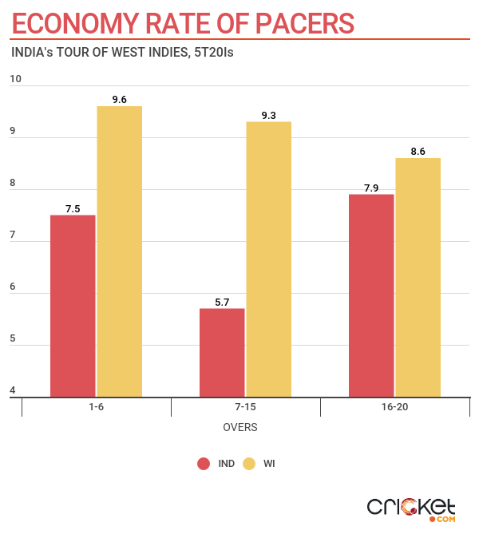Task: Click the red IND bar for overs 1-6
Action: [73, 306]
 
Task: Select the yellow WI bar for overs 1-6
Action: [120, 251]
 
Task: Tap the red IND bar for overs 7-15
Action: [222, 352]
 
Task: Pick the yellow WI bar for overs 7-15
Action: [268, 259]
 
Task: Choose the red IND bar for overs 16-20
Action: [371, 295]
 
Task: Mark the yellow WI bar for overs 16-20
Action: [418, 277]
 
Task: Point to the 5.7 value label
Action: [222, 302]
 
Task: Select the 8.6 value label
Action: [418, 151]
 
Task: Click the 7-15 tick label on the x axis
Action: [245, 407]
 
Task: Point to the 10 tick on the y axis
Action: [16, 79]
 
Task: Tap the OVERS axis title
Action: [239, 428]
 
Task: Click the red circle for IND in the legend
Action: [204, 464]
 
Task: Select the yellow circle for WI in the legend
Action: [248, 464]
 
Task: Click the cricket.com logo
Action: [411, 508]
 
